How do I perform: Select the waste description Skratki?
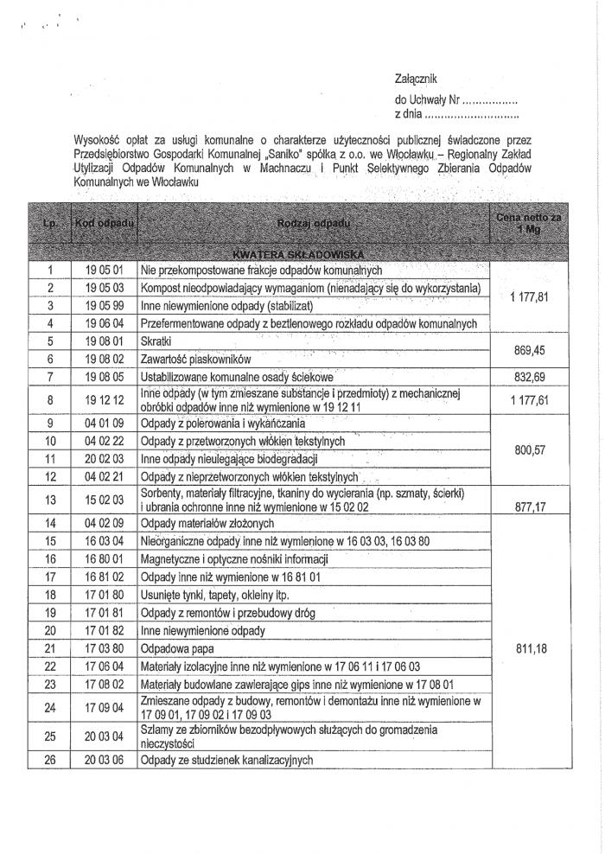[x=156, y=341]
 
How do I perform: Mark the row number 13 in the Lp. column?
[x=51, y=499]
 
